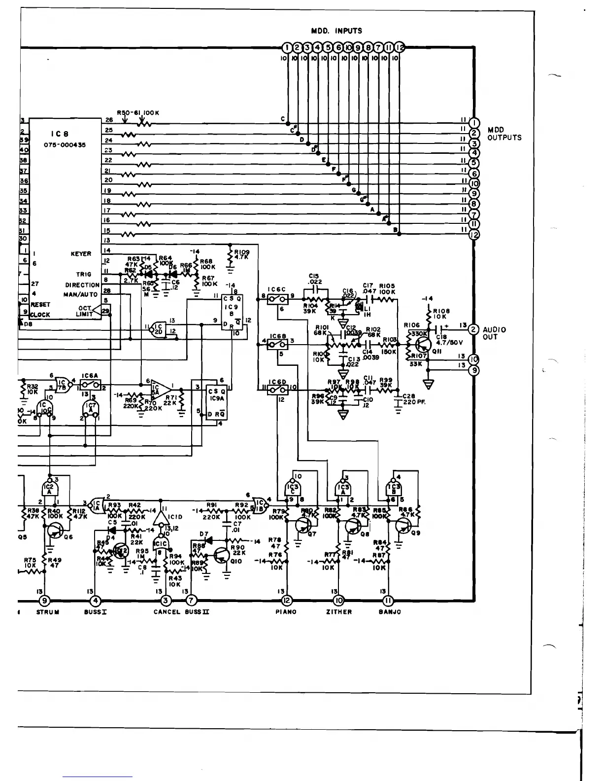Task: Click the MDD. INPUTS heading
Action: (336, 31)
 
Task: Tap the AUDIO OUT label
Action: (494, 333)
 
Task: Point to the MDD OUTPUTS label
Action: (504, 134)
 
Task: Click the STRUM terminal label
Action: (48, 612)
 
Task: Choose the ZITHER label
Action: (339, 612)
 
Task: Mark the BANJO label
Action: (390, 612)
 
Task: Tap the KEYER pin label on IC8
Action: (81, 254)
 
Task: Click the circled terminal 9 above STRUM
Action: (45, 600)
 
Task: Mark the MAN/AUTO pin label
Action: (81, 295)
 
